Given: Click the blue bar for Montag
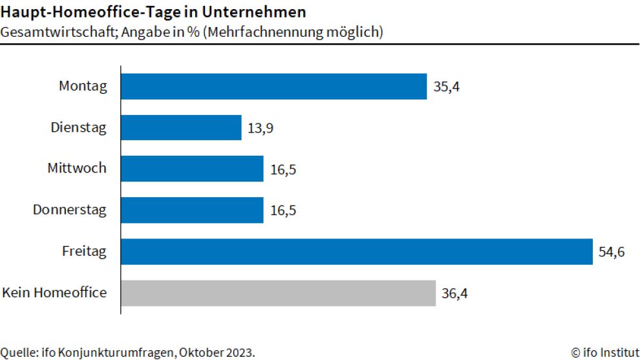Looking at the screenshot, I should [x=273, y=86].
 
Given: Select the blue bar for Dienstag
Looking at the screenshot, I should [x=181, y=127].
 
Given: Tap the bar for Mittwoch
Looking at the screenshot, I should [x=192, y=169].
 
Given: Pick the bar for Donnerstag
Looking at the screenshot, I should [x=192, y=210].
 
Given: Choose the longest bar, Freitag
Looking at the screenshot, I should [x=356, y=251].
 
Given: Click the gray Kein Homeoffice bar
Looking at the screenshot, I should [x=278, y=293].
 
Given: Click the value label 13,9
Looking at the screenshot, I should [x=260, y=128].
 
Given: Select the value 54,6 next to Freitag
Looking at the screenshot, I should [x=612, y=252].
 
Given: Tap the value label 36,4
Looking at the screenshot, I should [x=454, y=293].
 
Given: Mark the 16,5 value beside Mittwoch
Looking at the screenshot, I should [x=282, y=169].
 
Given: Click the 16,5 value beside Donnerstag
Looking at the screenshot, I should [x=282, y=211].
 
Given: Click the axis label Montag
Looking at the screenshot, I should [x=83, y=86].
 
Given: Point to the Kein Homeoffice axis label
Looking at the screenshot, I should [x=54, y=293].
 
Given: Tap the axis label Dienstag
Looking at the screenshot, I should [x=79, y=127].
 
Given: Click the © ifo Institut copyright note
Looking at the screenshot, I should [x=604, y=352].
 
